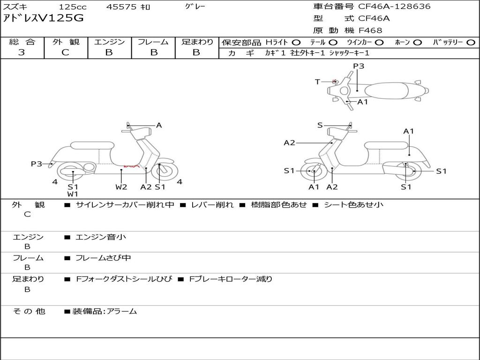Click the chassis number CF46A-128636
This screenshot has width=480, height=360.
click(x=394, y=7)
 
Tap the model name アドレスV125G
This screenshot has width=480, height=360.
click(x=43, y=18)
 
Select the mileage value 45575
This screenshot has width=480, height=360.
click(x=121, y=7)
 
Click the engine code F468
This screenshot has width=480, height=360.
click(x=370, y=30)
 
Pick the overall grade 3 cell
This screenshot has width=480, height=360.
click(x=22, y=52)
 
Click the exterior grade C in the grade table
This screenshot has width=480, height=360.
click(x=66, y=52)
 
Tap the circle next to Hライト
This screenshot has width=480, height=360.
click(x=296, y=43)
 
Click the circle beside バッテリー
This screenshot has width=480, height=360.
click(x=471, y=43)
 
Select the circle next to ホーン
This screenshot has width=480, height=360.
click(x=417, y=43)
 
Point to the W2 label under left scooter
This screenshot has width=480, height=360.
click(x=121, y=187)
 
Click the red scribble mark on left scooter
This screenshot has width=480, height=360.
click(x=132, y=166)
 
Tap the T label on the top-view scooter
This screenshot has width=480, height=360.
click(x=317, y=82)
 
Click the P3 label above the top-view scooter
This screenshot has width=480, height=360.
click(x=359, y=66)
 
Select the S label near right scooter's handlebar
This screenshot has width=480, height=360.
click(x=320, y=125)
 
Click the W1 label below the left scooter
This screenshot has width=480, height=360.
click(x=73, y=194)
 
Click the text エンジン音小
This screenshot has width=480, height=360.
click(x=101, y=237)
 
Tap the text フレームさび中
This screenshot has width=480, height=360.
click(x=103, y=258)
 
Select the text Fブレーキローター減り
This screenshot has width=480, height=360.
click(x=231, y=279)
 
